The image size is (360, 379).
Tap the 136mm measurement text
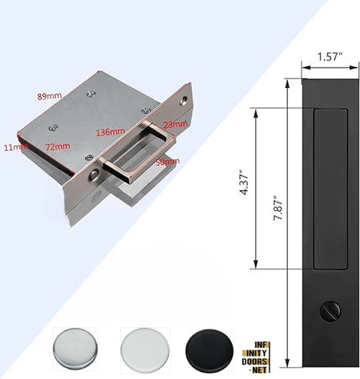click(111, 131)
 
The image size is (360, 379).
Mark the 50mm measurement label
click(167, 160)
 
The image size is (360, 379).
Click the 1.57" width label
click(330, 57)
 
